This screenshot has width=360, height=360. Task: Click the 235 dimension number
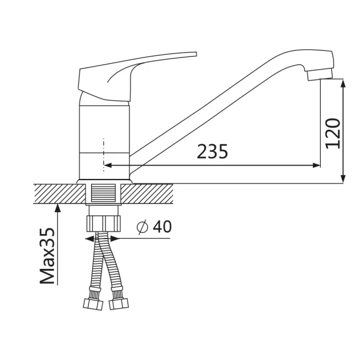tap(213, 151)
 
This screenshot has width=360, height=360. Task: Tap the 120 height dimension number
tap(333, 134)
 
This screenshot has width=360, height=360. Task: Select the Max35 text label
tap(47, 256)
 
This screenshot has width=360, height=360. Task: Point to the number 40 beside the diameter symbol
tap(162, 226)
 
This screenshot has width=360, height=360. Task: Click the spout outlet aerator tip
tap(320, 75)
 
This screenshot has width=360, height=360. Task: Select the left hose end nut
tap(93, 304)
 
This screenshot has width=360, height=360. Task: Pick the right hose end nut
tap(119, 304)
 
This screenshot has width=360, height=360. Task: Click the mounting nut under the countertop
tap(104, 224)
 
